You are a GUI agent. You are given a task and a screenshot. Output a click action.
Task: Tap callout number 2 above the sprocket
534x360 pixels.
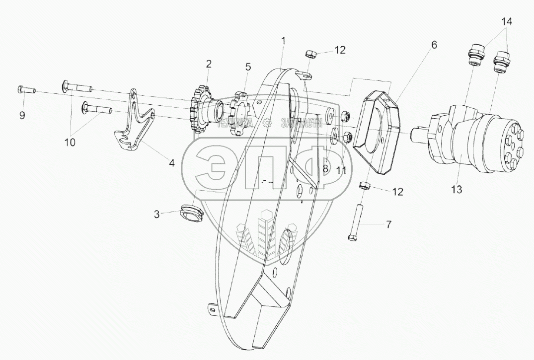coord(209,64)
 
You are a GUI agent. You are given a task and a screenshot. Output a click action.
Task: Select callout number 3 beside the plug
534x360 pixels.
coord(156,215)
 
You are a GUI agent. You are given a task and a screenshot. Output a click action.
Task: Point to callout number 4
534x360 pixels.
coord(171,162)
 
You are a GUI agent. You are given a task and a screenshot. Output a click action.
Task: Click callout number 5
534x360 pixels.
coord(248,66)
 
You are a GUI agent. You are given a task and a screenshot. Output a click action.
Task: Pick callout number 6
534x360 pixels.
coord(434,45)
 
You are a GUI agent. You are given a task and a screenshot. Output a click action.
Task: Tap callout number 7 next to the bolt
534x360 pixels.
coord(388,225)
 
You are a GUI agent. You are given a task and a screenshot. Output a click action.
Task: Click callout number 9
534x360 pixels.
coord(22,116)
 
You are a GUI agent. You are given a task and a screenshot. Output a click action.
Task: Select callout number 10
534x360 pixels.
coord(70,142)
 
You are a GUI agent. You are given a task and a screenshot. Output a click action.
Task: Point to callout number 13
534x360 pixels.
coord(457,189)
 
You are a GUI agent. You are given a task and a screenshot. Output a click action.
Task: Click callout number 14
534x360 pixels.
coord(506,21)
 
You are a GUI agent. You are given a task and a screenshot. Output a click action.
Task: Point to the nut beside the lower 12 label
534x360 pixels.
coord(364,186)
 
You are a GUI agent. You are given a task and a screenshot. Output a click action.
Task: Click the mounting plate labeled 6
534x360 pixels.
coord(380,132)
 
